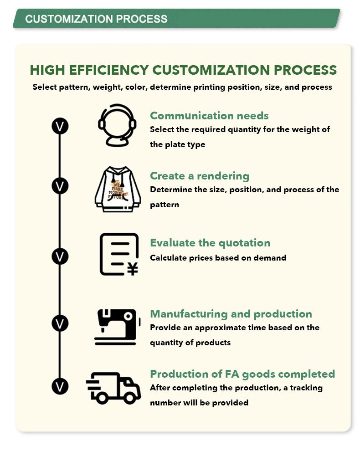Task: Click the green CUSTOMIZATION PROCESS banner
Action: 176,19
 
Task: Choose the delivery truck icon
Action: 113,387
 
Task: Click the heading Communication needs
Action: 209,116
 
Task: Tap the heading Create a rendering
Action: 200,176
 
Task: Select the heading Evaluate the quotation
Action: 210,243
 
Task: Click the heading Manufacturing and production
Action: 231,314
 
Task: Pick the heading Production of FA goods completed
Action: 242,374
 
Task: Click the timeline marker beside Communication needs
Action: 59,126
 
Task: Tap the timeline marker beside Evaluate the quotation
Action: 59,256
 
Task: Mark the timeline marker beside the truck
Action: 59,386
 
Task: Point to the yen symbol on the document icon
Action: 132,269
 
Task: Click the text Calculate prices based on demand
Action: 218,258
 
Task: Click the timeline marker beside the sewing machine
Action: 59,323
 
